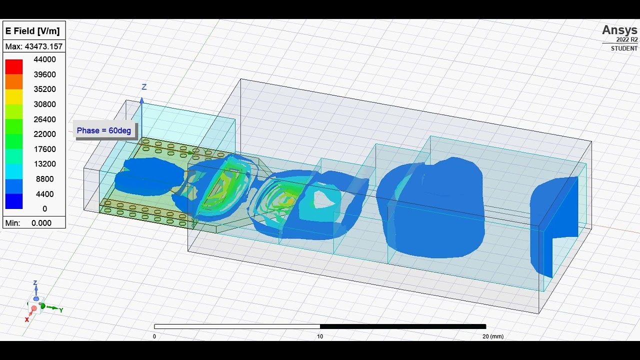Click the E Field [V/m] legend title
(32, 31)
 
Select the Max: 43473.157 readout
(34, 46)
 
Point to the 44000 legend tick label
(44, 59)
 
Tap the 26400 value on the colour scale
(44, 119)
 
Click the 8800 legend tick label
(45, 179)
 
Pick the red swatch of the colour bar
(14, 66)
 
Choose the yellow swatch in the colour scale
(14, 96)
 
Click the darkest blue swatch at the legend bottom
(14, 201)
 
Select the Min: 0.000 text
(28, 223)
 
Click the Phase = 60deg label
(104, 130)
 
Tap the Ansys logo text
(619, 30)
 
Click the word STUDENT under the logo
(624, 48)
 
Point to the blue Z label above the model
(144, 87)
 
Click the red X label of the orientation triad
(27, 319)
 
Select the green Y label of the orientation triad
(61, 310)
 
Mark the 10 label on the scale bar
(320, 336)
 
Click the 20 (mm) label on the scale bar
(492, 336)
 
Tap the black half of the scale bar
(402, 326)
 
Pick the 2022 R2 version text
(627, 39)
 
